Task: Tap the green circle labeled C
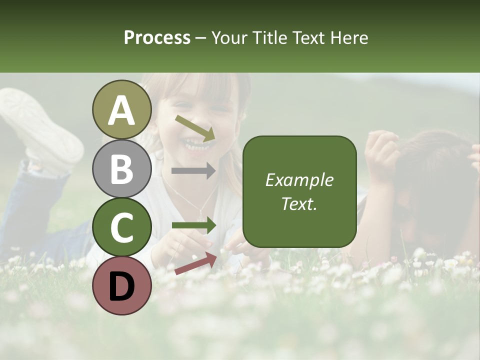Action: [122, 227]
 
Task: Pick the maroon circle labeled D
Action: [122, 285]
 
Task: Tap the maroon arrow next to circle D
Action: [195, 263]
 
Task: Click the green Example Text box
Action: [299, 191]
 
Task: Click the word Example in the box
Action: [299, 180]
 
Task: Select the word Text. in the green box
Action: [299, 203]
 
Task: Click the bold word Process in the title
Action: [157, 37]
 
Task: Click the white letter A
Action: [122, 110]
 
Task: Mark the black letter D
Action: [122, 286]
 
